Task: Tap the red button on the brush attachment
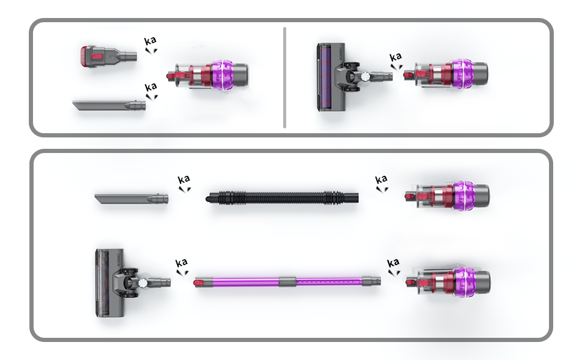pyautogui.click(x=97, y=56)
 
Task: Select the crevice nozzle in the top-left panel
pyautogui.click(x=109, y=106)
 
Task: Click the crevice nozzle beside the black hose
pyautogui.click(x=131, y=199)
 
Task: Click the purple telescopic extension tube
pyautogui.click(x=287, y=281)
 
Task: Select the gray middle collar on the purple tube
pyautogui.click(x=287, y=281)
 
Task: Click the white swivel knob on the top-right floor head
pyautogui.click(x=365, y=76)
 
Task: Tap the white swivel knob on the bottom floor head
pyautogui.click(x=143, y=283)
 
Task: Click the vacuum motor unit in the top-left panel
pyautogui.click(x=208, y=76)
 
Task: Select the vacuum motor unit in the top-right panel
pyautogui.click(x=446, y=74)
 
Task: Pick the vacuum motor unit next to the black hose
pyautogui.click(x=447, y=196)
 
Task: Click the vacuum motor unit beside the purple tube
pyautogui.click(x=448, y=281)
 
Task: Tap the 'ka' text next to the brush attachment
pyautogui.click(x=151, y=40)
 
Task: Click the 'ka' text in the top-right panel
pyautogui.click(x=395, y=57)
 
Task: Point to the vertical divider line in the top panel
pyautogui.click(x=284, y=77)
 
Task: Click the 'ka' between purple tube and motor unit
pyautogui.click(x=394, y=263)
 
